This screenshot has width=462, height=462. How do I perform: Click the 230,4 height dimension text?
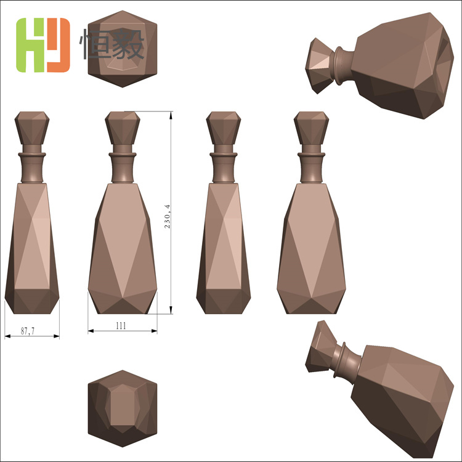point(167,216)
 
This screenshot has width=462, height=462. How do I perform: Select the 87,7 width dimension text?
point(27,331)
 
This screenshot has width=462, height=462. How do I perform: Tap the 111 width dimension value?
point(121,326)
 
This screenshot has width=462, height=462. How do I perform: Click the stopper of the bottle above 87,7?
point(32,128)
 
